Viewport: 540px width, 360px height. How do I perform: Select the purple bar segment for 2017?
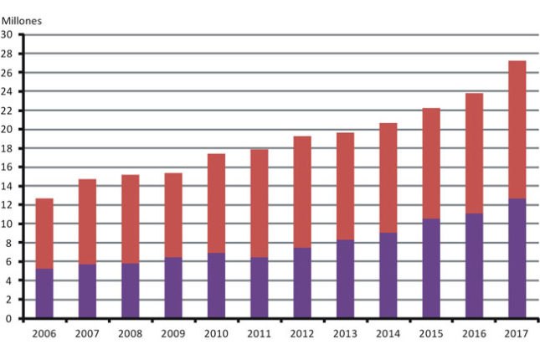pyautogui.click(x=516, y=258)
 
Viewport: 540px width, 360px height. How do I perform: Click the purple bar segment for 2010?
pyautogui.click(x=216, y=285)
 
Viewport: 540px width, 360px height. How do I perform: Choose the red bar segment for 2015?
pyautogui.click(x=430, y=163)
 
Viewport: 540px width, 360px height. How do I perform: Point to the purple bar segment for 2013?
pyautogui.click(x=345, y=279)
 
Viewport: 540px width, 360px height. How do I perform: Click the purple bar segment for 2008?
pyautogui.click(x=131, y=291)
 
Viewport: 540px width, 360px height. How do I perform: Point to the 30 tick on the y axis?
pyautogui.click(x=8, y=34)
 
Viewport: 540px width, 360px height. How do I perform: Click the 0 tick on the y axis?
pyautogui.click(x=10, y=318)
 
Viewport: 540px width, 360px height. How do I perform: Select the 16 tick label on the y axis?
pyautogui.click(x=8, y=167)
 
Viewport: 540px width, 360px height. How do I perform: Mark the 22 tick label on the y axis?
pyautogui.click(x=8, y=111)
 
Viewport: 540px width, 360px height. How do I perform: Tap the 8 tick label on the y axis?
pyautogui.click(x=10, y=243)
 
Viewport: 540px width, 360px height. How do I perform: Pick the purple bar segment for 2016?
pyautogui.click(x=473, y=265)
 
